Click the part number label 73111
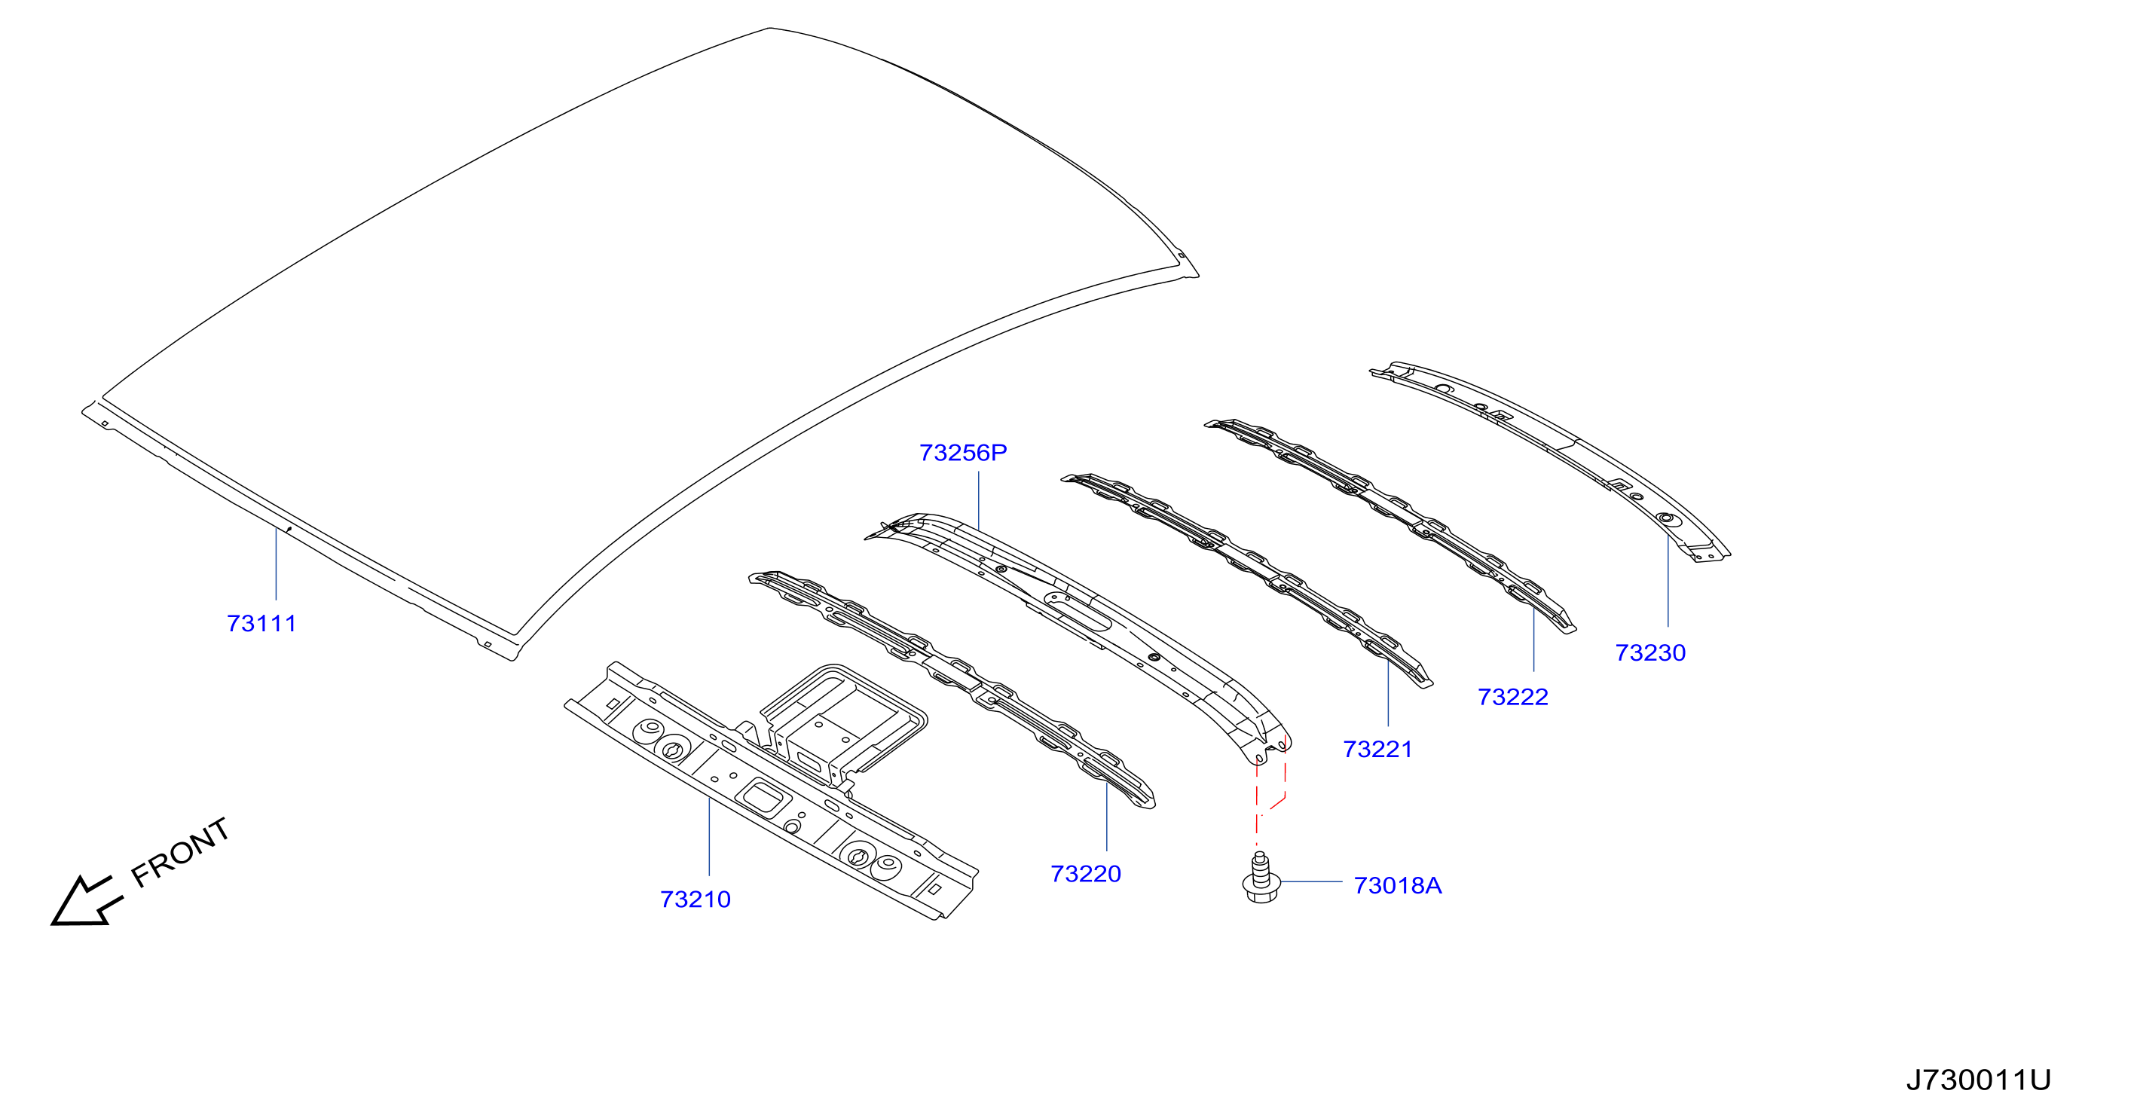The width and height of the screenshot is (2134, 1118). [x=261, y=624]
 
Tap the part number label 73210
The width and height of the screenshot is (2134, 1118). [x=695, y=900]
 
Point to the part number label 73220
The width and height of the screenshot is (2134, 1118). [x=1085, y=874]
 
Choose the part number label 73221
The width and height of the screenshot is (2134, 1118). [x=1377, y=750]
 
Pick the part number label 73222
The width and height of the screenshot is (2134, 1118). [x=1512, y=698]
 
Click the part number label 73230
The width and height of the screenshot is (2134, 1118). [x=1650, y=652]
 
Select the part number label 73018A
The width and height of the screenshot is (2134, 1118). [x=1398, y=885]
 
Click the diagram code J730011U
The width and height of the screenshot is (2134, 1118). [x=1978, y=1080]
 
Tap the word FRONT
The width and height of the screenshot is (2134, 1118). [x=181, y=852]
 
